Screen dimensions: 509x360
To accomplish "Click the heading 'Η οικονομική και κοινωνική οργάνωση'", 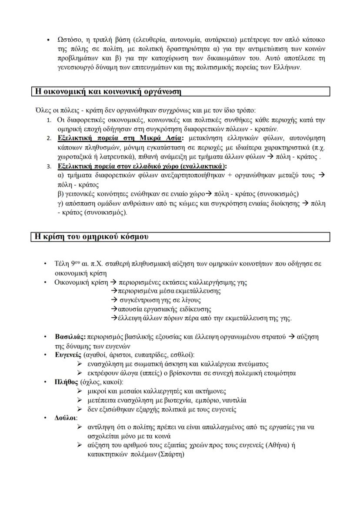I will (107, 92).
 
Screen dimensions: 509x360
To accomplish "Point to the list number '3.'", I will (49, 166).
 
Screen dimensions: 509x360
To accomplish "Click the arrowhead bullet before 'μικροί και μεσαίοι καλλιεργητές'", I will (80, 392).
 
